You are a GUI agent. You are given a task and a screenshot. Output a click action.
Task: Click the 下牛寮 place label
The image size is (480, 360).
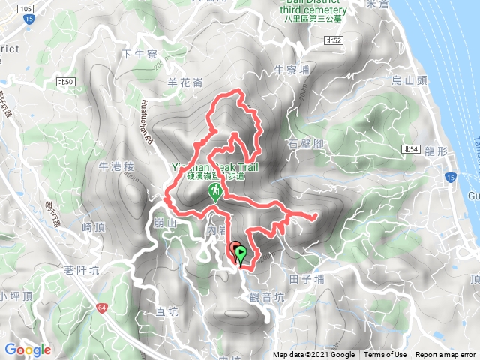pos(139,53)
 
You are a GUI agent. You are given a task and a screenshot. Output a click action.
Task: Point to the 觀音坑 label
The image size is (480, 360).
pos(269,297)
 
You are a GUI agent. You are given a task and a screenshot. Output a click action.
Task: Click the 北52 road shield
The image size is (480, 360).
pos(334,40)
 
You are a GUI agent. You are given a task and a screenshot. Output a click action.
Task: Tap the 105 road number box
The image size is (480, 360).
pos(27,8)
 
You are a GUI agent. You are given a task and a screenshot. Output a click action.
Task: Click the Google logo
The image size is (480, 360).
pos(28,349)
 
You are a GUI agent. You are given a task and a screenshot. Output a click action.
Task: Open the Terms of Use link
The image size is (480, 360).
pos(385,355)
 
